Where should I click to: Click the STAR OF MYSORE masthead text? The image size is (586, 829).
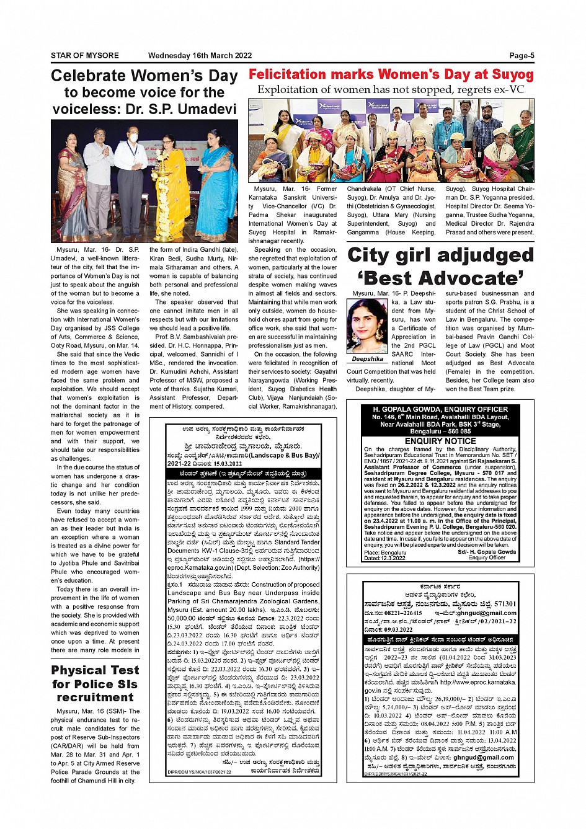tap(85, 56)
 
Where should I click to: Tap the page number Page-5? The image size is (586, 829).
tap(522, 56)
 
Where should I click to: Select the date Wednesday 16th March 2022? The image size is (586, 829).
tap(200, 56)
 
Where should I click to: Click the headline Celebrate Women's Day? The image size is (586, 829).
tap(144, 76)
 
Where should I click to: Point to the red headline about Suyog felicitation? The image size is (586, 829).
tap(391, 74)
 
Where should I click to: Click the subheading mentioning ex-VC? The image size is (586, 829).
tap(391, 90)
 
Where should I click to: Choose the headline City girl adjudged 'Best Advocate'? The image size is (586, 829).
tap(440, 267)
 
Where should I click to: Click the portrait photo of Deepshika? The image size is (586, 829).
tap(367, 326)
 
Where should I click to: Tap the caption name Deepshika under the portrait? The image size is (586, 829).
tap(367, 359)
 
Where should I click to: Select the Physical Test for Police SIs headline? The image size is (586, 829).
tap(95, 683)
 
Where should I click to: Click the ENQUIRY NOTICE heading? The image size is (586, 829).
tap(440, 441)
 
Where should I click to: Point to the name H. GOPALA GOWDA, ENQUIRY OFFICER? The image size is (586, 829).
tap(440, 410)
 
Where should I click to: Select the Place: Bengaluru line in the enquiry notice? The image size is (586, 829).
tap(386, 552)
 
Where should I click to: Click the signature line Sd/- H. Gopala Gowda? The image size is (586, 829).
tap(487, 552)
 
